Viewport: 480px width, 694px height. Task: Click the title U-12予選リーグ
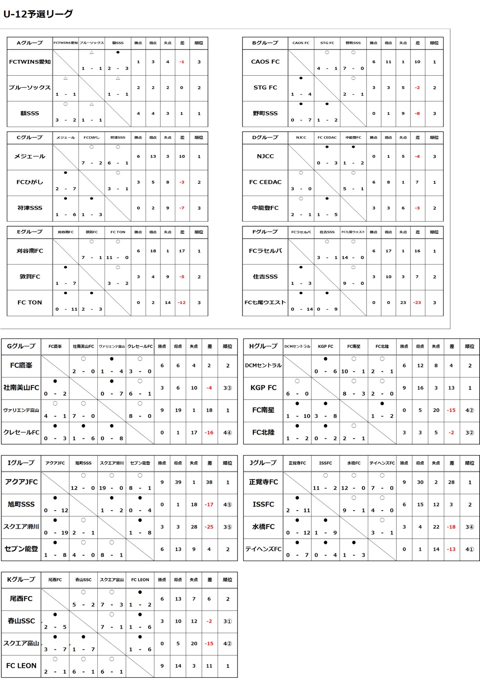(38, 14)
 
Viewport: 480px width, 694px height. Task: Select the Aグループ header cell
(30, 43)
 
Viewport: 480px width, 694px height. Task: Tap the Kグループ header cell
(21, 580)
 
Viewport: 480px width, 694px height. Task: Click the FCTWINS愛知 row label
(30, 62)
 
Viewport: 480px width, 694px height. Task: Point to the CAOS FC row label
(265, 62)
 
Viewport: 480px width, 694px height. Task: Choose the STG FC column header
(327, 43)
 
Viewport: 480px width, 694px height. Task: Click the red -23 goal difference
(417, 302)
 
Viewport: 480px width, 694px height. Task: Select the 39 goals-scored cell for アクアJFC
(178, 482)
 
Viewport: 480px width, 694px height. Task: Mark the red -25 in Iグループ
(209, 526)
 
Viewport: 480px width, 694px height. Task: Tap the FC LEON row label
(21, 666)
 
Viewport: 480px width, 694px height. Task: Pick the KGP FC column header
(325, 347)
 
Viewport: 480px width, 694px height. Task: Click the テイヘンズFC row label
(263, 549)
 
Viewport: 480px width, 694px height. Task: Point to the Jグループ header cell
(263, 463)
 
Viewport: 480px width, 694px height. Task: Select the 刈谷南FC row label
(30, 251)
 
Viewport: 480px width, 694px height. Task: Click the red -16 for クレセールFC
(209, 432)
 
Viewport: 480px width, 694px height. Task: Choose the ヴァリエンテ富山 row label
(21, 410)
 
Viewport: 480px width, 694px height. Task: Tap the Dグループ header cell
(265, 137)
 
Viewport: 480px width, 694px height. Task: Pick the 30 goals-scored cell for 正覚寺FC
(420, 482)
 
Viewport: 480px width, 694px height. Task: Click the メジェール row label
(30, 156)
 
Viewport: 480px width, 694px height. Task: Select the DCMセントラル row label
(263, 365)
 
